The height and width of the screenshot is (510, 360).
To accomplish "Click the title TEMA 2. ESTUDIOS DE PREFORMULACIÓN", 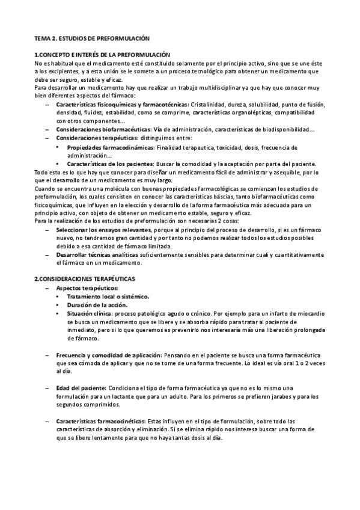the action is tap(92, 38).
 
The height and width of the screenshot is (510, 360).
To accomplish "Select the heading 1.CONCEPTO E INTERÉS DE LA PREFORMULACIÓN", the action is tap(102, 55).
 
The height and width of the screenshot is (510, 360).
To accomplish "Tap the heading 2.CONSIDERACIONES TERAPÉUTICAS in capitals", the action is tap(85, 280).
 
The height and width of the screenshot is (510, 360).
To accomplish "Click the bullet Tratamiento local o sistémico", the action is tap(108, 297).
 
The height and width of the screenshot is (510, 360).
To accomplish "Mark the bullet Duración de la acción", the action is tap(97, 306).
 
